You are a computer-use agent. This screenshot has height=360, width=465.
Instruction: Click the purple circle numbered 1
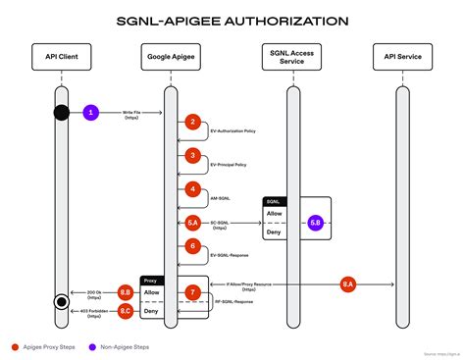click(x=91, y=112)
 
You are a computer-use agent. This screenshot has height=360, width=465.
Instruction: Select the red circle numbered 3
click(x=192, y=155)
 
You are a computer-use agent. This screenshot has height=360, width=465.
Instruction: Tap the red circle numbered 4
click(x=192, y=188)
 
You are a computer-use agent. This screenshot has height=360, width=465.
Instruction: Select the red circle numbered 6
click(x=192, y=246)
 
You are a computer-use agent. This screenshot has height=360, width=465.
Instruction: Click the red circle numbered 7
click(x=193, y=292)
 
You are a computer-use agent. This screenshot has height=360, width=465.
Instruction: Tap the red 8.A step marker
click(x=347, y=284)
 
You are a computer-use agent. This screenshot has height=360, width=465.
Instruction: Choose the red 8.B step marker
click(x=125, y=292)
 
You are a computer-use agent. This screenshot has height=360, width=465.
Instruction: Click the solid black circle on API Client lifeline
click(x=61, y=112)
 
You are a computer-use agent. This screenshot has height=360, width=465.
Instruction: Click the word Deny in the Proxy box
click(x=152, y=310)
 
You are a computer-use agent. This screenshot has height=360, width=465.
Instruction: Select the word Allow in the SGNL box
click(x=275, y=213)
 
